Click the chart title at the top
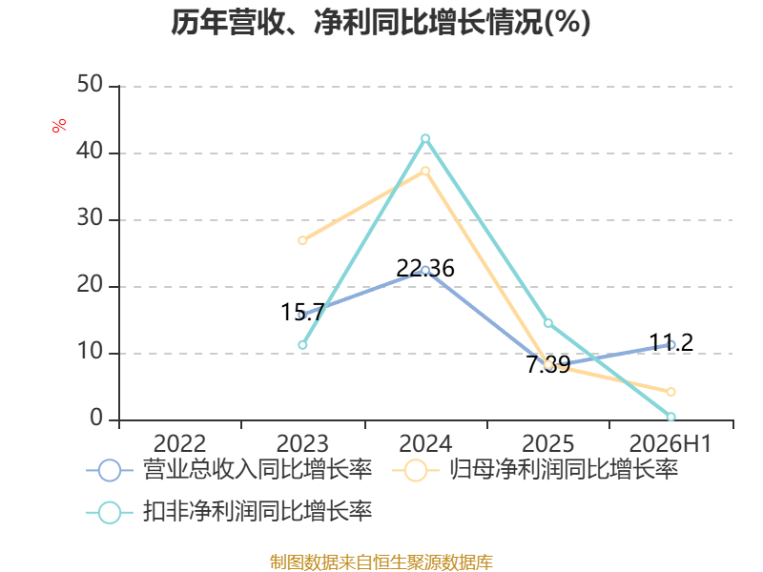coord(381,22)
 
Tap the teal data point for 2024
coord(425,138)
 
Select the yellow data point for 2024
coord(425,171)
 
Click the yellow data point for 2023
coord(302,240)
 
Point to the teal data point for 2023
coord(302,345)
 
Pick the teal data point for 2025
coord(547,323)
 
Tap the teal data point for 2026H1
coord(671,417)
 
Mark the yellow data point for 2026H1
coord(671,392)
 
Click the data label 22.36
coord(425,269)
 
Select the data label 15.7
coord(302,312)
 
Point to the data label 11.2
coord(671,342)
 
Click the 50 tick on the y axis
coord(90,85)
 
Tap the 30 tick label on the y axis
coord(90,218)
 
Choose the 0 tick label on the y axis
coord(96,419)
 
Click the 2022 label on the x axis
coord(179,443)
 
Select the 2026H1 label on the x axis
coord(670,443)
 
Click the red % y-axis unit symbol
coord(59,126)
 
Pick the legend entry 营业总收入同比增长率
coord(229,470)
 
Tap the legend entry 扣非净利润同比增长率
coord(229,512)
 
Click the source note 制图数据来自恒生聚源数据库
coord(381,562)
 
